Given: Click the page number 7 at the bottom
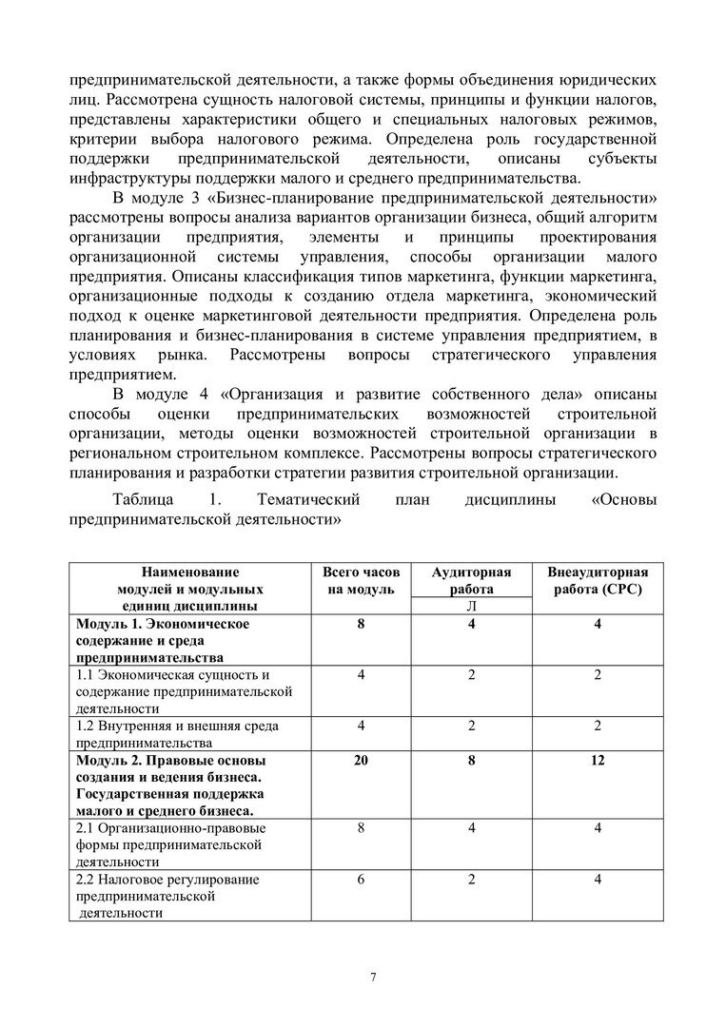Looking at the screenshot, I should [x=373, y=978].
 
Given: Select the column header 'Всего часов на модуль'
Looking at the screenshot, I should [x=361, y=581].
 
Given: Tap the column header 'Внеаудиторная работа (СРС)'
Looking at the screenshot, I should [x=597, y=581].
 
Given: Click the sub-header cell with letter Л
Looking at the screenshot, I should [x=471, y=607].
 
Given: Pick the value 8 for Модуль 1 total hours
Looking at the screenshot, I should [x=362, y=624].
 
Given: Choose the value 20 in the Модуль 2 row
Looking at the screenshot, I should [x=362, y=761].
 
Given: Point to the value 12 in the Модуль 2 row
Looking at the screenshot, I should [x=597, y=761].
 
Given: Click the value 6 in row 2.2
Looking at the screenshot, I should [x=362, y=880].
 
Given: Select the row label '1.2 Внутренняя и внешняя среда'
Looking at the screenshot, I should [x=176, y=734].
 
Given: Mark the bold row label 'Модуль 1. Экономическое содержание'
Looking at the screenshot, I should [x=163, y=640].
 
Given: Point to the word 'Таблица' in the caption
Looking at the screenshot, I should [x=143, y=500].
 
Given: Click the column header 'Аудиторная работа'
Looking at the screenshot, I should [x=471, y=580].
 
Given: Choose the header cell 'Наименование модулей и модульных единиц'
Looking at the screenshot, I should [x=190, y=589].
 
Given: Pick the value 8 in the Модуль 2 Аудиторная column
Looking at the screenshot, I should [x=471, y=761].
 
